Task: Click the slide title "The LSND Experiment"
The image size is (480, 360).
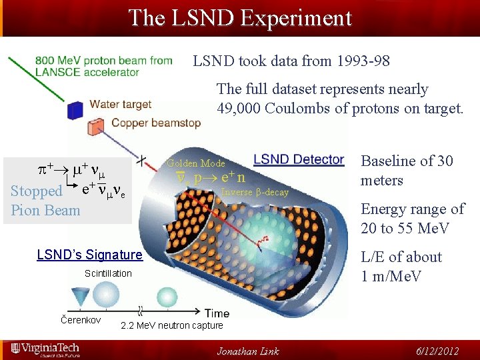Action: coord(239,18)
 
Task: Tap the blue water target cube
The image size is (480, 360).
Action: coord(76,109)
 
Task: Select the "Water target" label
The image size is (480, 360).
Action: coord(121,105)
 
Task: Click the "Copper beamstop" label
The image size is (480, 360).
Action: coord(155,123)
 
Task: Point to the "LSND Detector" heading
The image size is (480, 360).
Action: coord(299,159)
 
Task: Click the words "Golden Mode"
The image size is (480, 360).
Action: coord(196,163)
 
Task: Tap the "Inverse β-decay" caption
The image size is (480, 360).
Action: coord(255,192)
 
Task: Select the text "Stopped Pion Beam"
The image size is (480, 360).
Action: coord(45,200)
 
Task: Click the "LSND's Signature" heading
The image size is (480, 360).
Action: coord(89,255)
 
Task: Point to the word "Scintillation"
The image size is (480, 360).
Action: coord(108,273)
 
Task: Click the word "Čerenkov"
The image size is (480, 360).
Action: coord(81,321)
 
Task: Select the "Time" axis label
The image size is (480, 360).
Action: coord(218,313)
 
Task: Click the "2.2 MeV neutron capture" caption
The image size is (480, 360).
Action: coord(171,325)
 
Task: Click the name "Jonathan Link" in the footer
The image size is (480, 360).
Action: coord(248,351)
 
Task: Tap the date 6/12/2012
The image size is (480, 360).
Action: coord(437,351)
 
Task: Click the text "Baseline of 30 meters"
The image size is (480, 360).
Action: coord(407,171)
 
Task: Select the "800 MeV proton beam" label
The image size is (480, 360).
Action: coord(104,61)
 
